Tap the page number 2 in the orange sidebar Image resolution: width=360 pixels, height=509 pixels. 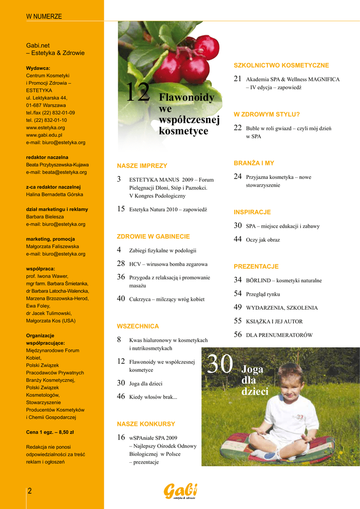[x=29, y=491]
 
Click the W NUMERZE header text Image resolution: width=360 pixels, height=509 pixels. [x=44, y=16]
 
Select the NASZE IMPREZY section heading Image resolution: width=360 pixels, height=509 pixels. [x=142, y=166]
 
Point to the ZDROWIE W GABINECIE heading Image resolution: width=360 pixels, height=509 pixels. [x=153, y=236]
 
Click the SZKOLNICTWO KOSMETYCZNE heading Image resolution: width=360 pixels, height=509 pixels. [x=281, y=65]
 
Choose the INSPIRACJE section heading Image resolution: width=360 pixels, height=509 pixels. [x=252, y=212]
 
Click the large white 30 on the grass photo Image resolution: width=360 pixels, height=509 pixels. [x=220, y=365]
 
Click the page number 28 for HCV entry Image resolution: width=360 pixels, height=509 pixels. [x=121, y=263]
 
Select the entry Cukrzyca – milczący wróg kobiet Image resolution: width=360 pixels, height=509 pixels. [x=167, y=299]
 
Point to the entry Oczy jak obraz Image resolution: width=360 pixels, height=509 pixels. [x=263, y=240]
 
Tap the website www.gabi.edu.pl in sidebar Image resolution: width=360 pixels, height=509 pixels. [x=44, y=135]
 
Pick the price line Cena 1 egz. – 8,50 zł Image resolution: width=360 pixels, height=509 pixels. [x=50, y=432]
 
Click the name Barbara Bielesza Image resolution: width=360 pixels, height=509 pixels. [x=45, y=217]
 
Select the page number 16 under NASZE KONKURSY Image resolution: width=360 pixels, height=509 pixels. [x=121, y=437]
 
